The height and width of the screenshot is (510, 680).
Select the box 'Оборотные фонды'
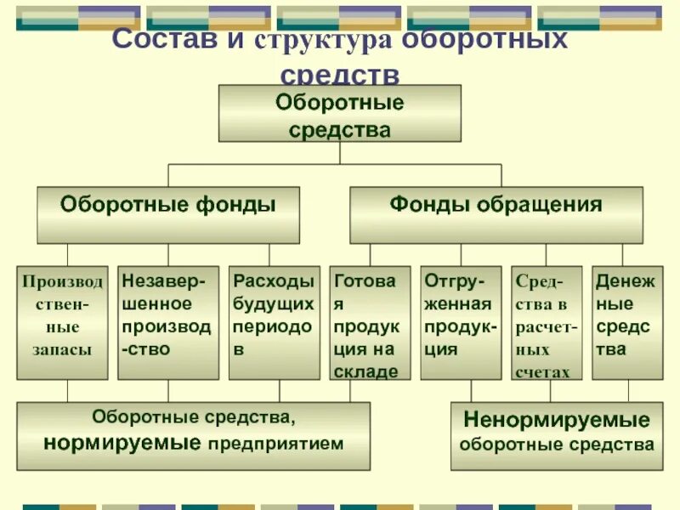(x=167, y=215)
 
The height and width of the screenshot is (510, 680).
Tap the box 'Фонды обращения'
(x=496, y=215)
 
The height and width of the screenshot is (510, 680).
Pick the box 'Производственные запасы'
(x=62, y=322)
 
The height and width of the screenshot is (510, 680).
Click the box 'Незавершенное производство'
(x=167, y=322)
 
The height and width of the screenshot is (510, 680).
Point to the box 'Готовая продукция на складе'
(x=370, y=322)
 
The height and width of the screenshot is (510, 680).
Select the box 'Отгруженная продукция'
(x=461, y=322)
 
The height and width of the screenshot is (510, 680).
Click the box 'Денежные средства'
(x=627, y=322)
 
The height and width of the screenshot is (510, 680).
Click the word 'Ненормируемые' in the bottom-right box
(x=557, y=419)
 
